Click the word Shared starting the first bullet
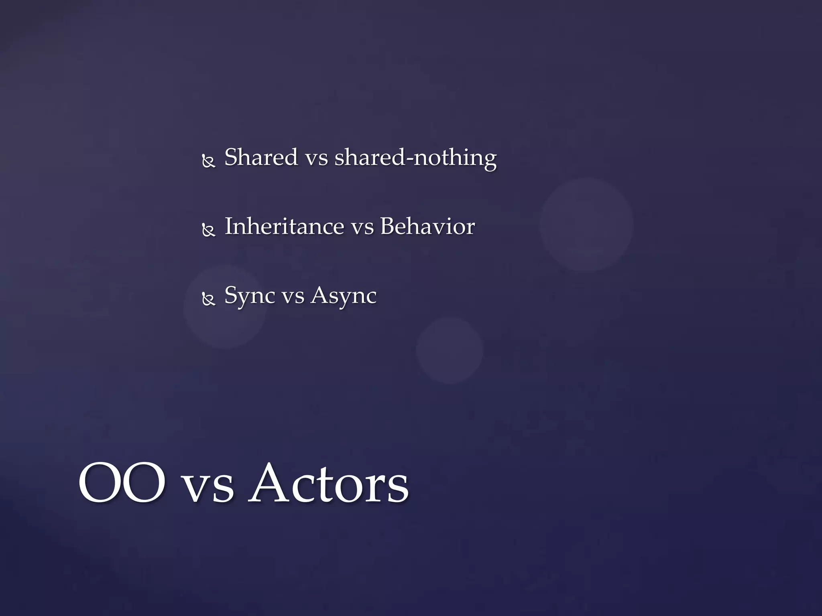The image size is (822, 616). pos(261,157)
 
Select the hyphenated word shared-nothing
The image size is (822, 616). pos(415,157)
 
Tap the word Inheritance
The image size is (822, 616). pos(284,227)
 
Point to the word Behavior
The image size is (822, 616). pos(427,227)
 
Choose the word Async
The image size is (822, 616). pos(344,296)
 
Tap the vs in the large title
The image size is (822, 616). pos(208,487)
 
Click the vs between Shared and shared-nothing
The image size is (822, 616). pos(316,158)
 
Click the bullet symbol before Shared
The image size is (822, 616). pos(209,161)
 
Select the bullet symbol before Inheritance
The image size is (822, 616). pos(209,231)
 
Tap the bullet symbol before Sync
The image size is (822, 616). pos(209,300)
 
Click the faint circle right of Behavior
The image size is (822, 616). pos(586,224)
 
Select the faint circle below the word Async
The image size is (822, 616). pos(450,350)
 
